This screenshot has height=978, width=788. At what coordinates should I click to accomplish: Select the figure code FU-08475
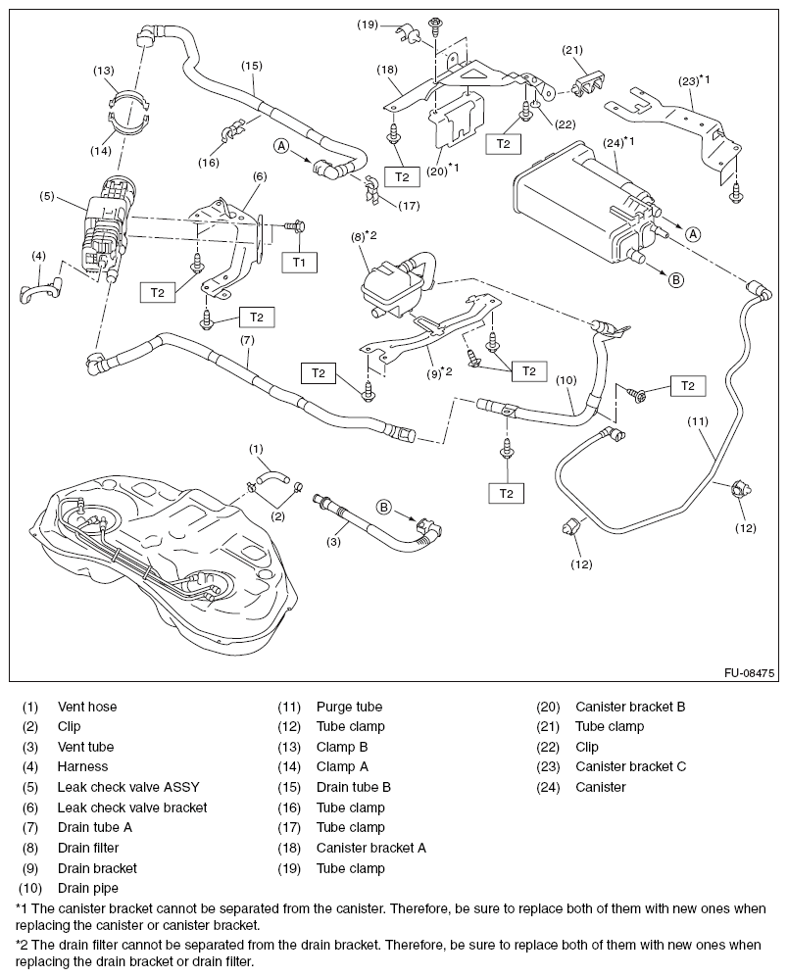[749, 673]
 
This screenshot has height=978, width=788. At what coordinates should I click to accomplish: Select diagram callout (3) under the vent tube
[335, 542]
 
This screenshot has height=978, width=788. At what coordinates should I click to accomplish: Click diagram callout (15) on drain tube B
[251, 66]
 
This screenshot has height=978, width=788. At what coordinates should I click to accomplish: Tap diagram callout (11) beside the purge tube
[697, 421]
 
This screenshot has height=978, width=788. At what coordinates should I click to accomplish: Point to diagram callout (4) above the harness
[38, 256]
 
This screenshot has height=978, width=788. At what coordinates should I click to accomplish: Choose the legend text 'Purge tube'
[349, 707]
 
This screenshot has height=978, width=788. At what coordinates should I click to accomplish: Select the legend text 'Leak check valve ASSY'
[125, 787]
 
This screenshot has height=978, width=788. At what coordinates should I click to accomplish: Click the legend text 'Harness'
[82, 767]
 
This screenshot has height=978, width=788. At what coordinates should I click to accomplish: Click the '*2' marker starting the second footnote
[23, 945]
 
